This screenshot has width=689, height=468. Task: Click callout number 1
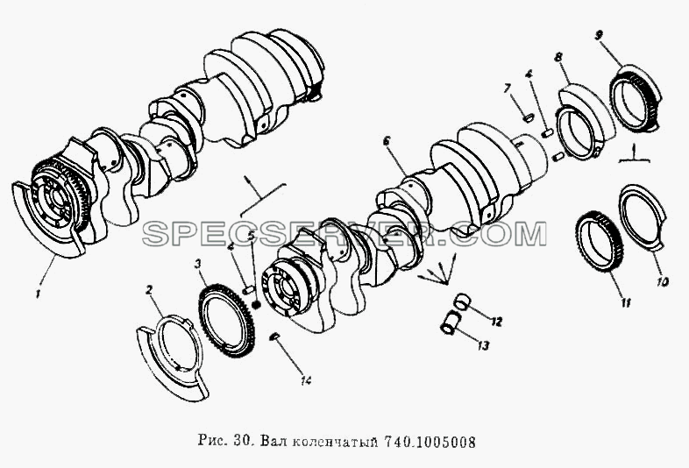(39, 293)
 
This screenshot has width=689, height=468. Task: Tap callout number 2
(149, 290)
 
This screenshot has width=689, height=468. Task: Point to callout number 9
(599, 35)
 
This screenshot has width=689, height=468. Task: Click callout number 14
(306, 380)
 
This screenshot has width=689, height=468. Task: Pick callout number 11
(626, 302)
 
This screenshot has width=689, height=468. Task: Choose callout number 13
(482, 346)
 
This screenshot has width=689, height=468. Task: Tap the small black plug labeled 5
(257, 304)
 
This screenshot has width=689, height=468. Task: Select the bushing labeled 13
(450, 322)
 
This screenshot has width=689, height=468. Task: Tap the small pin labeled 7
(529, 117)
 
